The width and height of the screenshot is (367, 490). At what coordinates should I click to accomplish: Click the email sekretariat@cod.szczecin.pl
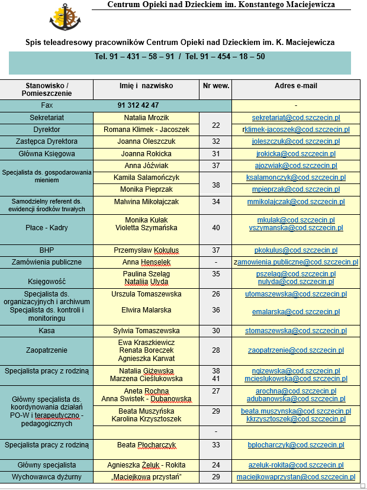point(296,118)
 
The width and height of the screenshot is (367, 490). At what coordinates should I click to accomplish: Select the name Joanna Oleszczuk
point(146,141)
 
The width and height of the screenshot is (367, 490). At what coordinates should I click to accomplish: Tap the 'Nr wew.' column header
point(215,86)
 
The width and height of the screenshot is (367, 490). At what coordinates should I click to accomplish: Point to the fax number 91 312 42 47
point(139,105)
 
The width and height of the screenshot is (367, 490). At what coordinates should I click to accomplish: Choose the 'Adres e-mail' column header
point(296,86)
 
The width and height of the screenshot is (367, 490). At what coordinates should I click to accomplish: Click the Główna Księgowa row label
point(46,154)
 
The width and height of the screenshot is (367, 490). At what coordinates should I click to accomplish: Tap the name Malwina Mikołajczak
point(146,202)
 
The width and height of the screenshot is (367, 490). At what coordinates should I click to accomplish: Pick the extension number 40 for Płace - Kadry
point(215,228)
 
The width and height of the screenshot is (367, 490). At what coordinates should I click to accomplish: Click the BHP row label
point(46,250)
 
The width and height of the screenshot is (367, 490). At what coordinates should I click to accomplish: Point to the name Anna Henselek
point(146,262)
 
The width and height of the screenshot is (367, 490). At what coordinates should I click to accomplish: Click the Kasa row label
point(46,331)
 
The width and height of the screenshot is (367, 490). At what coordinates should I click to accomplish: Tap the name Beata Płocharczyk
point(146,445)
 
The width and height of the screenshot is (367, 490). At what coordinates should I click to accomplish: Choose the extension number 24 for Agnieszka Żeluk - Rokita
point(215,465)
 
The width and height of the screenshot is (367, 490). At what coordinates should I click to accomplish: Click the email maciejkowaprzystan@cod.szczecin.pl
point(296,477)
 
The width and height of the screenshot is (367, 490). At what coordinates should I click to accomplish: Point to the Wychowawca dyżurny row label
point(46,477)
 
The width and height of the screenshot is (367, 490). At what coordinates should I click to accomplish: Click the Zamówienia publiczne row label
point(46,262)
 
